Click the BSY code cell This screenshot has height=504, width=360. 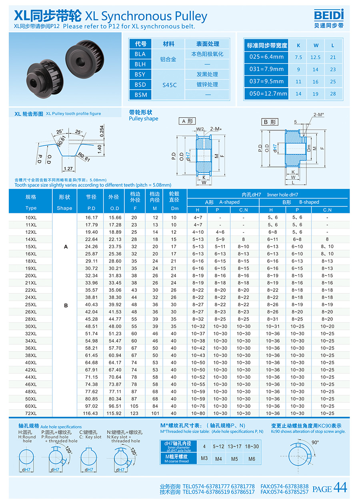coord(140,74)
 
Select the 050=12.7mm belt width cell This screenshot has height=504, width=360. coord(266,94)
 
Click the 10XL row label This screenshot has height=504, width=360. coord(31,217)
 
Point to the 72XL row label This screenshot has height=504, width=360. coord(31,414)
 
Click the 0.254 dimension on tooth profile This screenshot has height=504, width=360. coord(102,132)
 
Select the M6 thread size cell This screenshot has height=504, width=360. coord(252,459)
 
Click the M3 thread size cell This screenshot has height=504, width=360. coord(204,458)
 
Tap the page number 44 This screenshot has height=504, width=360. coord(340,488)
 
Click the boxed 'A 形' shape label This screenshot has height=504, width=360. coord(187,121)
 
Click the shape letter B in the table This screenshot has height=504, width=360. coord(66,305)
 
